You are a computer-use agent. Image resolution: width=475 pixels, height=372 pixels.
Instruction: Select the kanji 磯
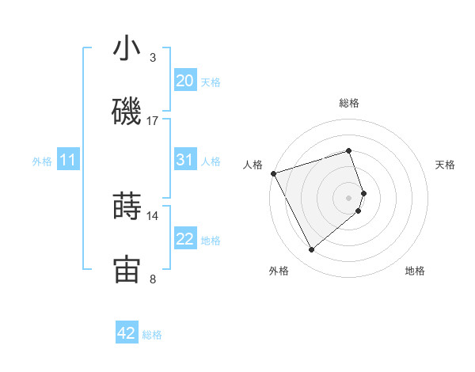[x=127, y=112]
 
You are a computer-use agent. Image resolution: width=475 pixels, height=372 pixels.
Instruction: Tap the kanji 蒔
[x=127, y=206]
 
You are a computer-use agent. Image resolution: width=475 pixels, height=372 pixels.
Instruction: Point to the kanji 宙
[x=127, y=269]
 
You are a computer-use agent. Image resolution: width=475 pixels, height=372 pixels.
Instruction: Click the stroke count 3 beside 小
[x=153, y=58]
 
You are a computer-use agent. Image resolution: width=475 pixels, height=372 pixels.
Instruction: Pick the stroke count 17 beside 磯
[x=153, y=121]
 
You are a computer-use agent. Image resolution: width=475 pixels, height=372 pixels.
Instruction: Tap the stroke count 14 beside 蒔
[x=153, y=215]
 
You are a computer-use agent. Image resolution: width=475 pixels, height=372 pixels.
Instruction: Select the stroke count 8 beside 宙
[x=153, y=279]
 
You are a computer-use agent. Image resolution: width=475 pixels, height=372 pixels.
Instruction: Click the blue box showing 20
[x=185, y=81]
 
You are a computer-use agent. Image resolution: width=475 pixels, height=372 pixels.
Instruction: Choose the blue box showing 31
[x=185, y=160]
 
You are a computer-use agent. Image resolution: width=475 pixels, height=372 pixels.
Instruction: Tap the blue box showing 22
[x=185, y=239]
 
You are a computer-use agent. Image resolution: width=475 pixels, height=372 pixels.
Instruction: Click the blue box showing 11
[x=68, y=161]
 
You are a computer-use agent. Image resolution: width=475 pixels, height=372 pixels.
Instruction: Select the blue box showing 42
[x=127, y=333]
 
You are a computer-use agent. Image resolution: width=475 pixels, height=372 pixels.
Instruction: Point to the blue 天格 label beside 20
[x=211, y=82]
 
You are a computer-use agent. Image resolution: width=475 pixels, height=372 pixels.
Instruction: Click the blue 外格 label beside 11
[x=42, y=161]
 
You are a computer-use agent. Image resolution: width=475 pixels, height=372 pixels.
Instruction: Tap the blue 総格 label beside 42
[x=152, y=335]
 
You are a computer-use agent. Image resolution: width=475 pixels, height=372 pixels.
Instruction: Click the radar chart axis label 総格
[x=349, y=103]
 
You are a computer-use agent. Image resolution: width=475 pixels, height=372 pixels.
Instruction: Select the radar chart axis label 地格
[x=415, y=271]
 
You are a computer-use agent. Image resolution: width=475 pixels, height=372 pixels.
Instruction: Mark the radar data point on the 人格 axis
[x=273, y=173]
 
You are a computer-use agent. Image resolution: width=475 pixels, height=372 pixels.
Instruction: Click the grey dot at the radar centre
[x=349, y=196]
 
